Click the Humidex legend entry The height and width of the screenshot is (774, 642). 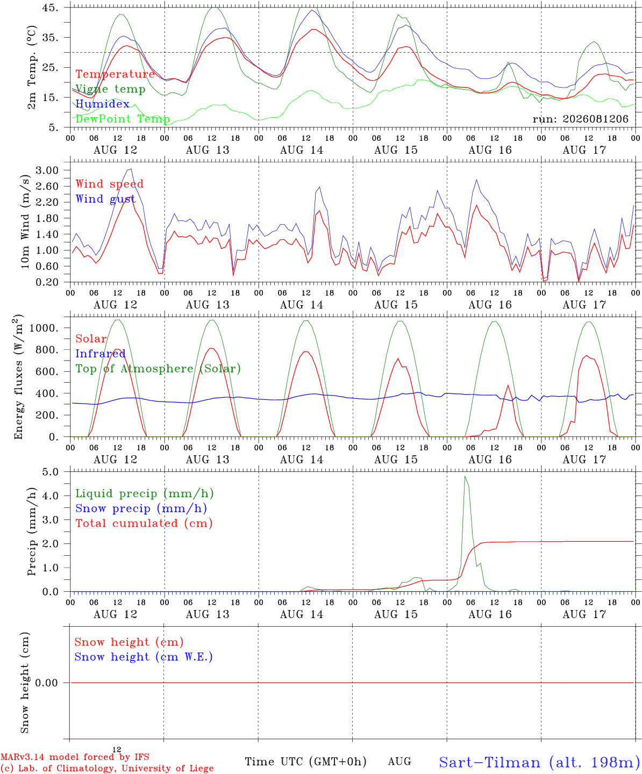102,104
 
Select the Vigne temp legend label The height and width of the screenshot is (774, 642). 111,89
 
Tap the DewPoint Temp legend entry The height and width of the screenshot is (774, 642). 123,119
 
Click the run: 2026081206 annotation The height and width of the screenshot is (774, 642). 580,119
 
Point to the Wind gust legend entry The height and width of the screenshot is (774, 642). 106,199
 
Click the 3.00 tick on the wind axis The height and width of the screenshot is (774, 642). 47,170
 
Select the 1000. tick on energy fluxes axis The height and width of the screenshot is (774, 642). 44,328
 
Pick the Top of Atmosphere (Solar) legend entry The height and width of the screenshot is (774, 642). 159,369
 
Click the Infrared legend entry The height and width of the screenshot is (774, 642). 101,354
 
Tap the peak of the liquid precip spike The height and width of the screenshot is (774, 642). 465,476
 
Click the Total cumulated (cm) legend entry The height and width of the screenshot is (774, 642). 144,523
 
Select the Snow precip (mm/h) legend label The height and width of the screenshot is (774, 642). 141,508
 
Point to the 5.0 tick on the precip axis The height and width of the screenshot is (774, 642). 51,471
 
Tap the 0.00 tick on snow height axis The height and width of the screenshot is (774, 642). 46,683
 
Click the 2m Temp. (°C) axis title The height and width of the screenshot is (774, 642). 32,68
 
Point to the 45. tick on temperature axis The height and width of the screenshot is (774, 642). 50,8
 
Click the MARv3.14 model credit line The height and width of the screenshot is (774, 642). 75,757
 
